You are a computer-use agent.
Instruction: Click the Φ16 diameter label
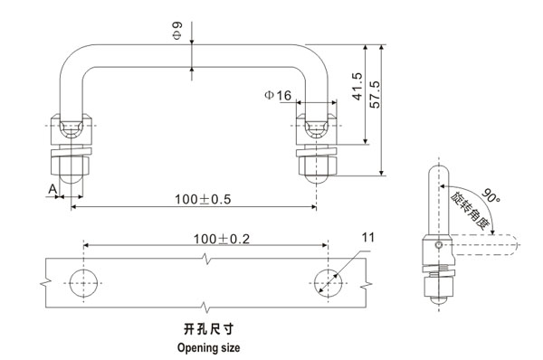coord(278,95)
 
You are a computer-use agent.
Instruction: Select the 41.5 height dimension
coord(358,87)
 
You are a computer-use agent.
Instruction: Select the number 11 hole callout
coord(367,238)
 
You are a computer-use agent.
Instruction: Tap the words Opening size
coord(208,346)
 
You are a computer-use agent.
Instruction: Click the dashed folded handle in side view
coord(484,245)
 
